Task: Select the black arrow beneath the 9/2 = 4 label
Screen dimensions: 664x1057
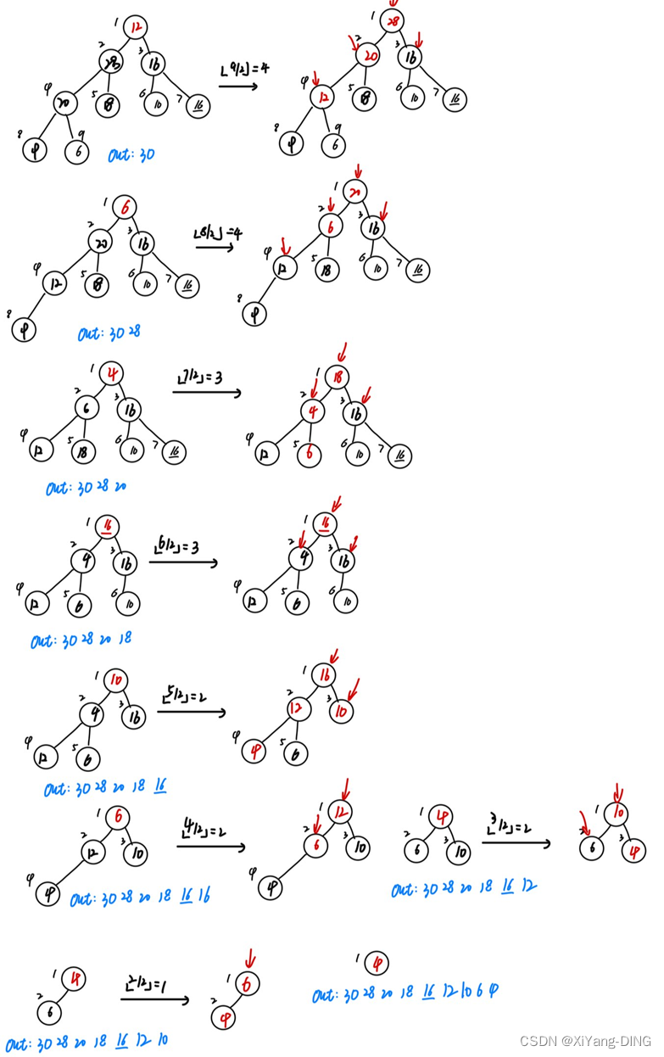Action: click(x=238, y=86)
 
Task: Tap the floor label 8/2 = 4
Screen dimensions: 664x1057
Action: click(x=219, y=233)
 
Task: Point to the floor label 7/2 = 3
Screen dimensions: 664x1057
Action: click(x=199, y=376)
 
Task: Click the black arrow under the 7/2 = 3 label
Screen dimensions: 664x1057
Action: click(x=207, y=393)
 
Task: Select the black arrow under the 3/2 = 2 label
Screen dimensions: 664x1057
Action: click(x=516, y=842)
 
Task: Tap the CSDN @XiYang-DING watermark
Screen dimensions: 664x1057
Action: click(x=584, y=1041)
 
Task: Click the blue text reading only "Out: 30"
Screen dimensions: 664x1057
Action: click(x=131, y=156)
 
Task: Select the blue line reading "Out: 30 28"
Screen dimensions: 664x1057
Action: click(x=109, y=333)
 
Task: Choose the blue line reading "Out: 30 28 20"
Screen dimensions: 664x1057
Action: click(x=86, y=489)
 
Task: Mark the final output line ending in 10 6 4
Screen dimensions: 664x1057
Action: click(x=405, y=993)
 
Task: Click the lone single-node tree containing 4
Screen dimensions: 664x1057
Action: click(x=376, y=963)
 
